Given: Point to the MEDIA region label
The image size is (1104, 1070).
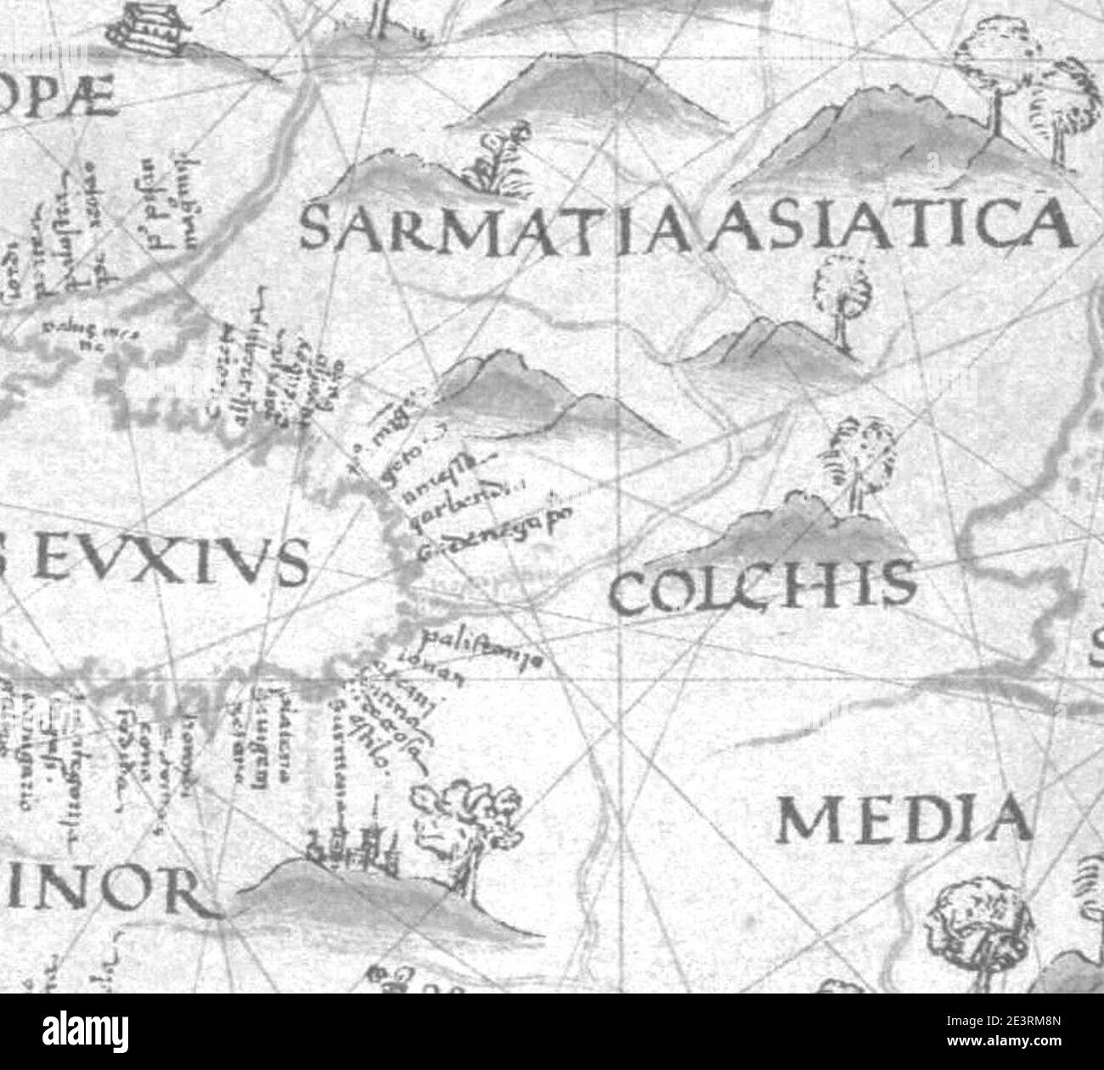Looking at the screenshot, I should pyautogui.click(x=905, y=819).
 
